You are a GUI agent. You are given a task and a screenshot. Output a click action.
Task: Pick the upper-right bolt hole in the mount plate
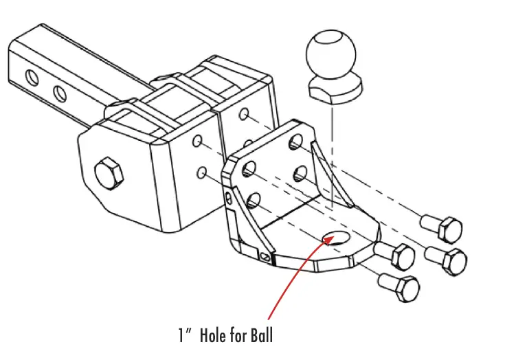coord(296,142)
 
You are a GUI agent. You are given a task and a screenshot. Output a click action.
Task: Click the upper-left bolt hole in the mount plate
coord(250,167)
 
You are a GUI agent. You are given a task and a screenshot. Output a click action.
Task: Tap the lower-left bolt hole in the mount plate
coord(254,201)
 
